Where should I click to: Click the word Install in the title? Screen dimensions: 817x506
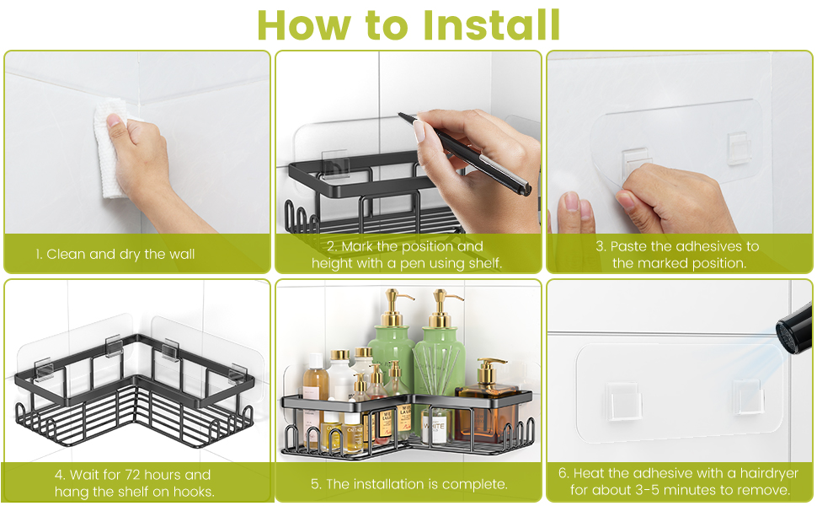pyautogui.click(x=491, y=24)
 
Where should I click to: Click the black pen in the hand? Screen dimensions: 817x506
pyautogui.click(x=464, y=153)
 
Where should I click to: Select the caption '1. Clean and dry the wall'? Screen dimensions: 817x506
pyautogui.click(x=115, y=254)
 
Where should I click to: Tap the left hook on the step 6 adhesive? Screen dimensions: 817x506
pyautogui.click(x=623, y=401)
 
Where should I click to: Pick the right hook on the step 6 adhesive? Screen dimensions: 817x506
pyautogui.click(x=748, y=396)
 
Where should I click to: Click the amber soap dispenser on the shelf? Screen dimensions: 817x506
pyautogui.click(x=487, y=401)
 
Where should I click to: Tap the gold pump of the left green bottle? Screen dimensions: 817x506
pyautogui.click(x=394, y=307)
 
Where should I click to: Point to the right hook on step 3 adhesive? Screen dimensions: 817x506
pyautogui.click(x=739, y=148)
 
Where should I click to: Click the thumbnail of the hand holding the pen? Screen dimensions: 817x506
pyautogui.click(x=408, y=142)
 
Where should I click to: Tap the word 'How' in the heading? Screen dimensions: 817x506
pyautogui.click(x=304, y=24)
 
